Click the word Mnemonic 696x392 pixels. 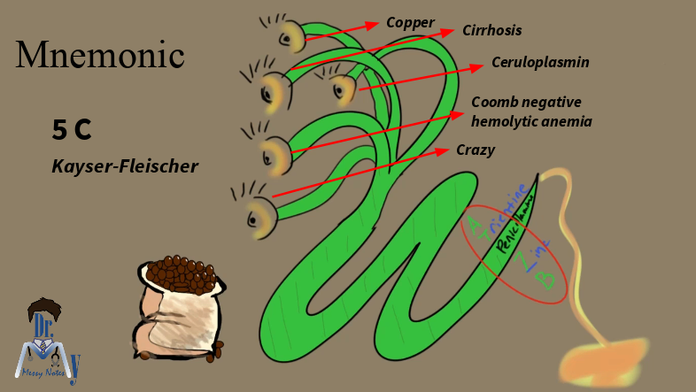(100, 56)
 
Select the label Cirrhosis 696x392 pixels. (491, 31)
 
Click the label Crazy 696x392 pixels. (475, 150)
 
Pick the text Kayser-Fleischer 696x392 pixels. (125, 165)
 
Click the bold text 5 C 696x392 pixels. (72, 131)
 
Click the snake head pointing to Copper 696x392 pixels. (291, 35)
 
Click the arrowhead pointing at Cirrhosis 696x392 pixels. (453, 32)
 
